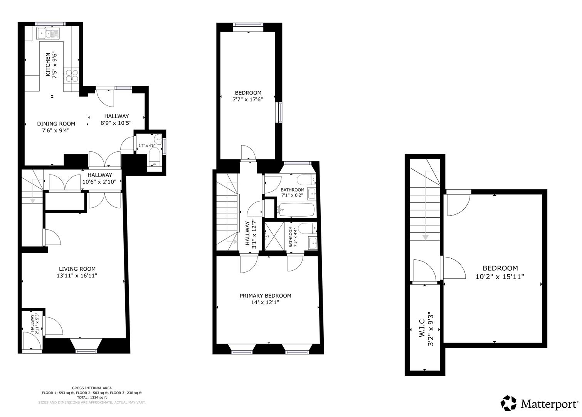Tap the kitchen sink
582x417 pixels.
(x=47, y=34)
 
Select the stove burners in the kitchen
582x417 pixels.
(x=72, y=75)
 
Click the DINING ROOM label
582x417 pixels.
(x=56, y=124)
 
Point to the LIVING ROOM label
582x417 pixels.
(x=77, y=269)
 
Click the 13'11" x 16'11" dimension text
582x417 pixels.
(x=77, y=276)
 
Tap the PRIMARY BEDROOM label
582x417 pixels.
(x=265, y=296)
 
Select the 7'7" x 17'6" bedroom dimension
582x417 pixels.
(x=248, y=99)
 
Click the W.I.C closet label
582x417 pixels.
(x=421, y=326)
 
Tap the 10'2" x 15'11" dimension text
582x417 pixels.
(x=500, y=276)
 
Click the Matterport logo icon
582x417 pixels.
(x=508, y=403)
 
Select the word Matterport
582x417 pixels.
(x=548, y=404)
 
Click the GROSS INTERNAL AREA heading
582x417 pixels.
(x=92, y=388)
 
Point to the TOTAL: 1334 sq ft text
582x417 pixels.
(x=92, y=397)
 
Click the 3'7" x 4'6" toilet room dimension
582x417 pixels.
(x=146, y=146)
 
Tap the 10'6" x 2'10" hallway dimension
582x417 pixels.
(x=97, y=182)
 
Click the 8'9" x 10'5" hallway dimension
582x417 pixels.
(x=116, y=123)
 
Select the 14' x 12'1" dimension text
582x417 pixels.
(x=265, y=303)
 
